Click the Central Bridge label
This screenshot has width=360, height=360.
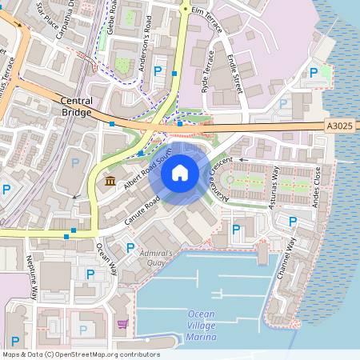click(x=77, y=106)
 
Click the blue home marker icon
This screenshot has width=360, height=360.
click(x=179, y=172)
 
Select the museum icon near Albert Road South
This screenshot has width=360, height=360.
click(x=110, y=182)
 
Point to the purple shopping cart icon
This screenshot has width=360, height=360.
click(x=122, y=324)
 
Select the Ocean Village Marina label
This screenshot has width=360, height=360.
click(x=202, y=325)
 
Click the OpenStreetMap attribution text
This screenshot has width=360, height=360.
click(x=81, y=354)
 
